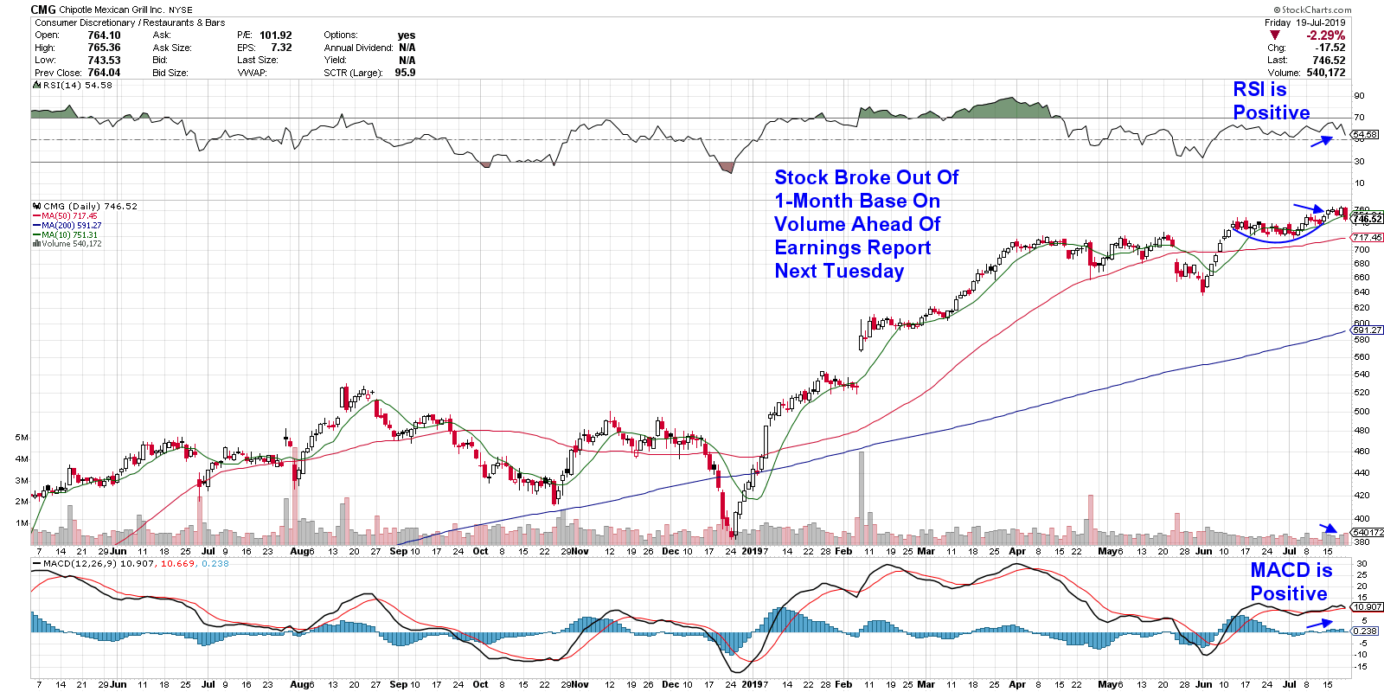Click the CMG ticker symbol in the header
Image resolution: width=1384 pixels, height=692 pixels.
[43, 10]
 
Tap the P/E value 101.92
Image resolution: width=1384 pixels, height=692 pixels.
[276, 35]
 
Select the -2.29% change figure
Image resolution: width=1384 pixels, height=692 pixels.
[1326, 35]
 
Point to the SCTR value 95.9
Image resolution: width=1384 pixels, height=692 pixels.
[405, 73]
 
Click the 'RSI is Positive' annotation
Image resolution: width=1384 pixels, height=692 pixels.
[1271, 101]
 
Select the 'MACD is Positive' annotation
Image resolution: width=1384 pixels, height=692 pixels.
[1290, 581]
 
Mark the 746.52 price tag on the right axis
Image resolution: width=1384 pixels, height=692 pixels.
[1368, 220]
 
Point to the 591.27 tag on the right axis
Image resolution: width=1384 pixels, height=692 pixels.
[1367, 330]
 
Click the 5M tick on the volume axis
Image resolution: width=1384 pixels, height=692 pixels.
[22, 438]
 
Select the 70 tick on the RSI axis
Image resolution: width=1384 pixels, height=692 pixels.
[1360, 118]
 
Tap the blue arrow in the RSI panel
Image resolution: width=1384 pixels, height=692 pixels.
[1322, 141]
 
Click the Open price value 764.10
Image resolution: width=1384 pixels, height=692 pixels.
[104, 35]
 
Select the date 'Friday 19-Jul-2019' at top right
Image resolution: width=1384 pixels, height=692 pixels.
[1304, 22]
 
